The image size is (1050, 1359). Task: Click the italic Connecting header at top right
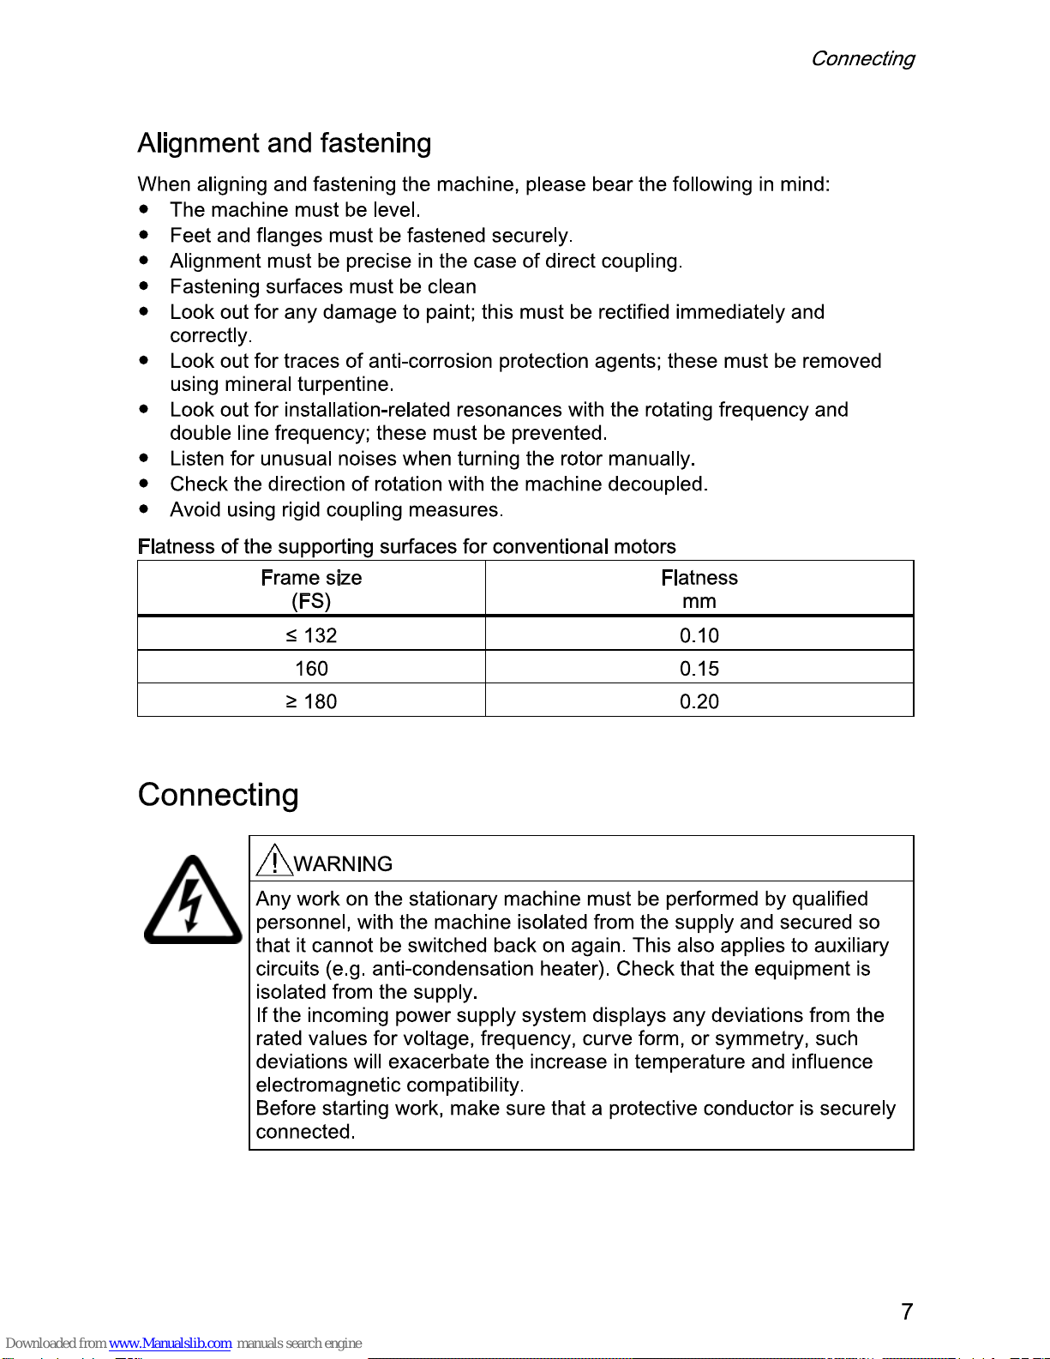[862, 58]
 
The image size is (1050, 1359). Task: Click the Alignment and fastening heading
[284, 143]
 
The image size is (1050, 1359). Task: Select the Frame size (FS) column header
[311, 589]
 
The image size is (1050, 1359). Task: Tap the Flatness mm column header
[699, 589]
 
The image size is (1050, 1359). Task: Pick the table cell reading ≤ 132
[311, 635]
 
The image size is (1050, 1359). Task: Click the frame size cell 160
[311, 669]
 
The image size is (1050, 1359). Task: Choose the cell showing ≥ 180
[311, 701]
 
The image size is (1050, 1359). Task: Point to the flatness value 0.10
[699, 635]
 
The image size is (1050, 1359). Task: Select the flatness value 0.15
[699, 669]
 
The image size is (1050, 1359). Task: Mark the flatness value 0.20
[699, 701]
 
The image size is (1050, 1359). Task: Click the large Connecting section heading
[218, 795]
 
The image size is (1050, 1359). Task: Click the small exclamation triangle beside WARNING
[273, 860]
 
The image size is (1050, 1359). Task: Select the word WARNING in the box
[343, 863]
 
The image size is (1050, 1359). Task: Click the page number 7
[907, 1311]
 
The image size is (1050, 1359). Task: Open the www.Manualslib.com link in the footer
[170, 1343]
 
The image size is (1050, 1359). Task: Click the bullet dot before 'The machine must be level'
[144, 209]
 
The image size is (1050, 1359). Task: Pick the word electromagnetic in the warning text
[328, 1085]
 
